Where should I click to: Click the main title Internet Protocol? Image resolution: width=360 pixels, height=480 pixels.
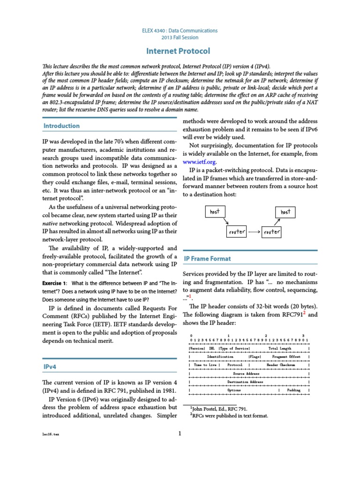click(180, 51)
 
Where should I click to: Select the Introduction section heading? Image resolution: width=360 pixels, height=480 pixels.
click(61, 126)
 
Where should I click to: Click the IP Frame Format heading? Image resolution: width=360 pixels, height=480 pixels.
click(207, 258)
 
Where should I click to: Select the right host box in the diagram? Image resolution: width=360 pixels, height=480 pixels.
click(285, 212)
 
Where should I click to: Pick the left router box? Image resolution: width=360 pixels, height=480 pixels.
click(237, 232)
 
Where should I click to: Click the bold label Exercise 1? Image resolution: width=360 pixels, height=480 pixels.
click(54, 283)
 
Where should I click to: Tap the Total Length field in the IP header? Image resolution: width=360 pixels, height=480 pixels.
click(279, 348)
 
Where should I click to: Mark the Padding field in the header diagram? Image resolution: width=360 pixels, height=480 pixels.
click(294, 390)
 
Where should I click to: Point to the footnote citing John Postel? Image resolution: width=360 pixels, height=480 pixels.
click(215, 409)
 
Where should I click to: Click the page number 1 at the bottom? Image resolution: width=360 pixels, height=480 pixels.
click(180, 433)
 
